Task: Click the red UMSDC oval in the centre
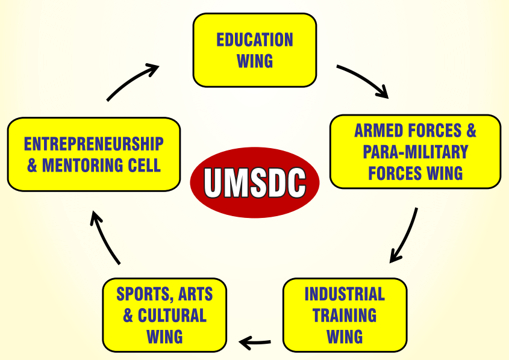point(254,183)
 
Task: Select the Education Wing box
point(255,50)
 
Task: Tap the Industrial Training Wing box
point(345,314)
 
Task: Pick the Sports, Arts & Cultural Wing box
point(164,314)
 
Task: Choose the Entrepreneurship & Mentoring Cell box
point(94,155)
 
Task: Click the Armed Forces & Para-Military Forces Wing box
point(415,151)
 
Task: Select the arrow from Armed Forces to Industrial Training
point(404,235)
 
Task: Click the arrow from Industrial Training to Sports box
point(255,343)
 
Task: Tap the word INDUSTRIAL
point(345,294)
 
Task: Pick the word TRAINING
point(345,315)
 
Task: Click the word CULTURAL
point(172,315)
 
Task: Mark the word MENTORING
point(84,166)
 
